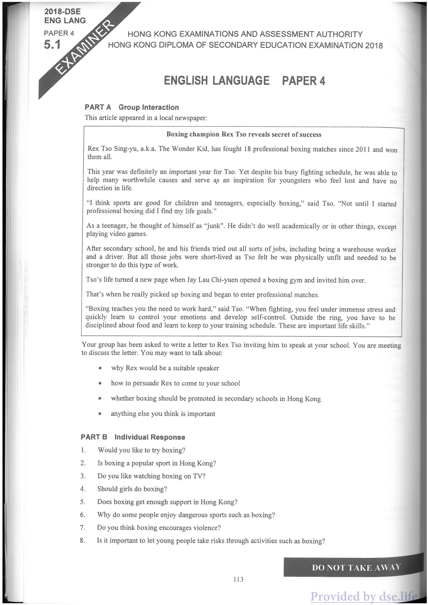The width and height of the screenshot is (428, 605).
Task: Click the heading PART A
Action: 98,107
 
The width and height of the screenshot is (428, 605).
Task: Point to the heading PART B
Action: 94,437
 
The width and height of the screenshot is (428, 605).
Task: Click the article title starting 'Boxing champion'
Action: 244,135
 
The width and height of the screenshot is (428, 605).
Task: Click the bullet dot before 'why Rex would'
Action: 100,368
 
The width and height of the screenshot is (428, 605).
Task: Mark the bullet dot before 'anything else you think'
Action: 100,414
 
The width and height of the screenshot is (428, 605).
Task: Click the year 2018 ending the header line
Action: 374,46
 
